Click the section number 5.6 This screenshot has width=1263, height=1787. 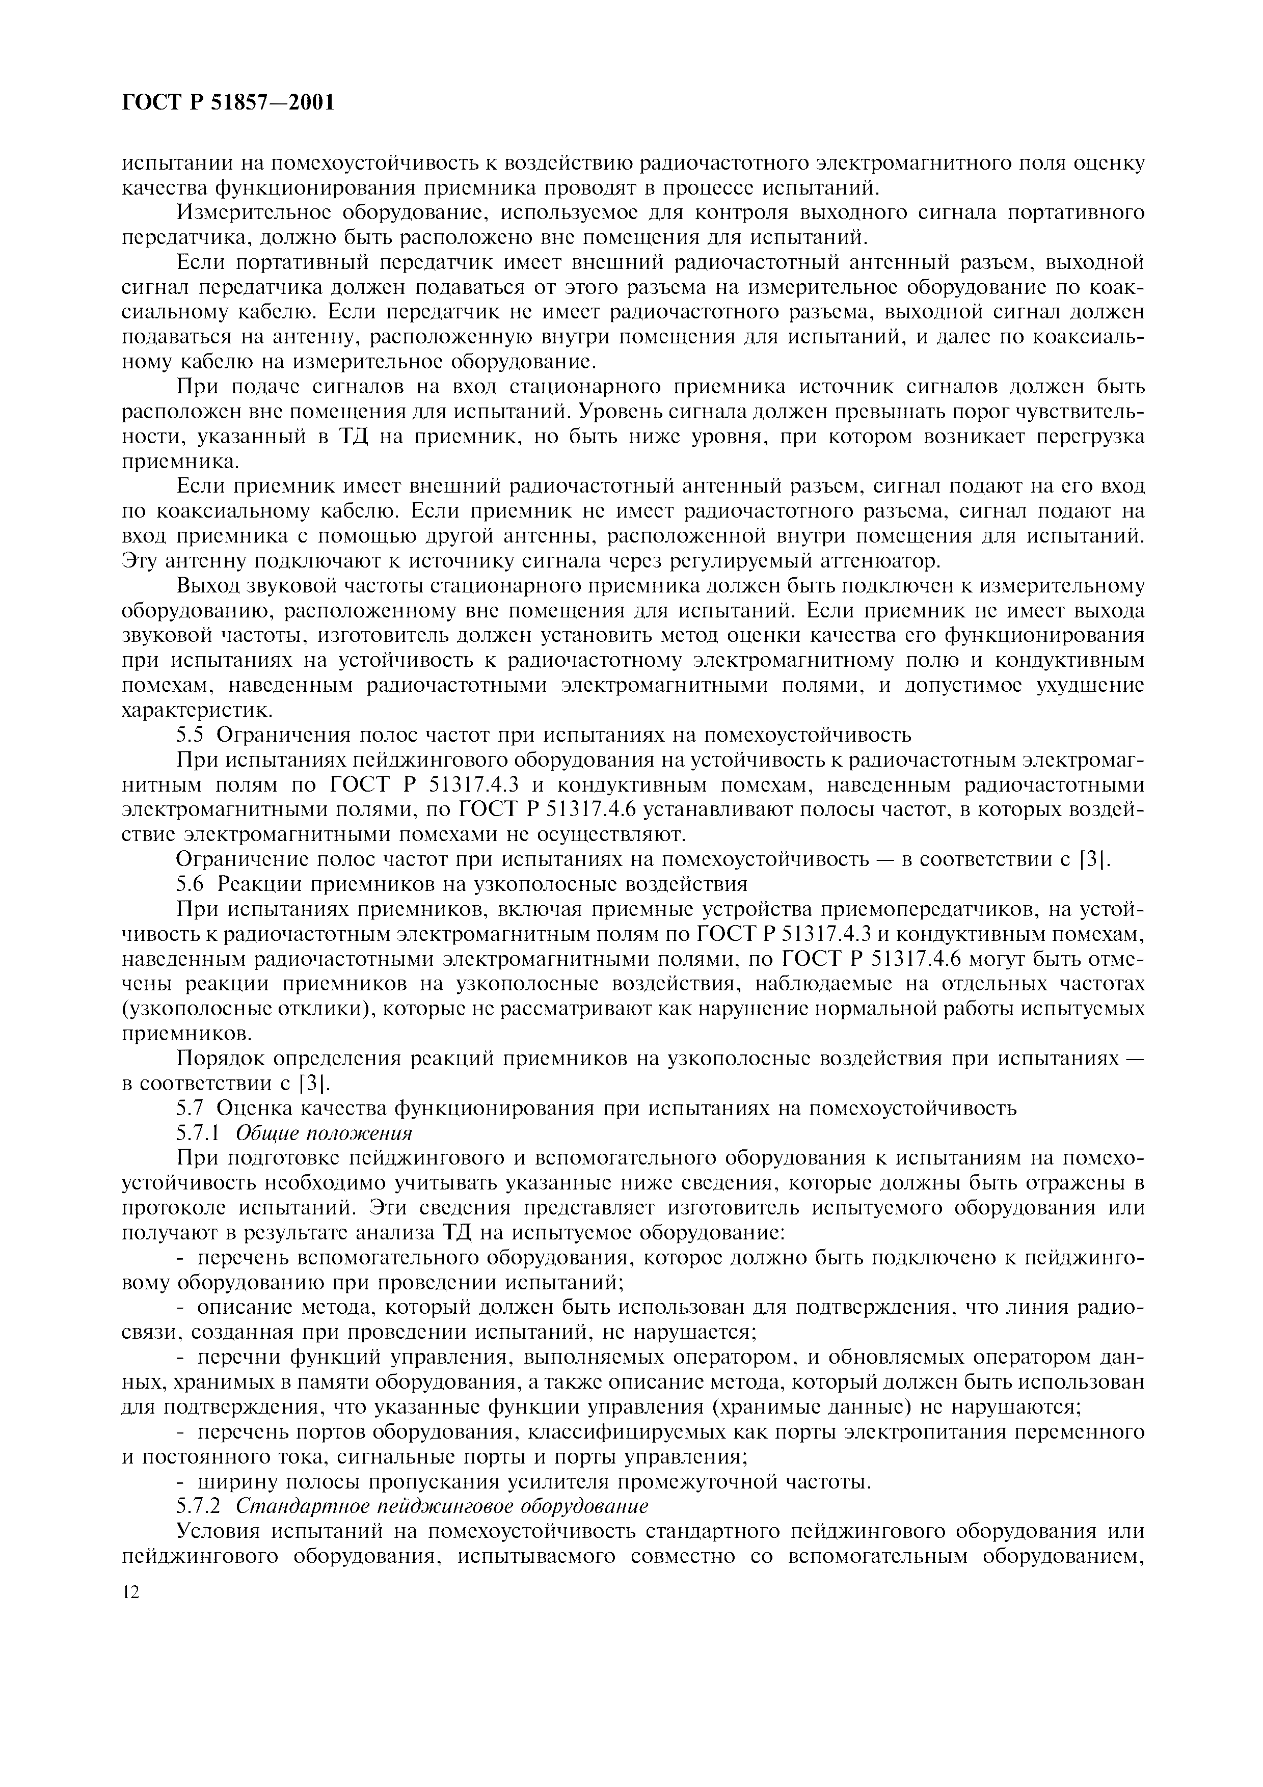[190, 884]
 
